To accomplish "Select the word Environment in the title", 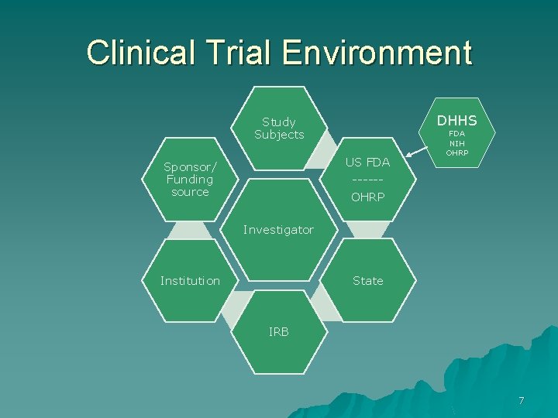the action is click(x=377, y=53).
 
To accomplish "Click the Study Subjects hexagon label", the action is click(x=279, y=128).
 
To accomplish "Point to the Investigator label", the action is click(x=278, y=230).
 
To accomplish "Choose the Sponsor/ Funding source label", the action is click(x=190, y=180).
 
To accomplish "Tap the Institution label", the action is click(x=190, y=281).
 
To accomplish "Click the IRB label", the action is click(x=279, y=332).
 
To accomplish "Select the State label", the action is click(x=368, y=281).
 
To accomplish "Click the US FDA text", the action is click(x=368, y=163).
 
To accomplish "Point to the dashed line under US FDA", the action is click(x=367, y=180).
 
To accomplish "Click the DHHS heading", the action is click(x=457, y=121).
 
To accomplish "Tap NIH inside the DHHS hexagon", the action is click(x=457, y=143).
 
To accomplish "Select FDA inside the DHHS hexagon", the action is click(x=457, y=134).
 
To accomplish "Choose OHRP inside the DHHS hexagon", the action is click(x=457, y=152).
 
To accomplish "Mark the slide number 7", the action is click(x=522, y=400).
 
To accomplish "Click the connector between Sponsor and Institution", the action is click(x=190, y=230).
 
